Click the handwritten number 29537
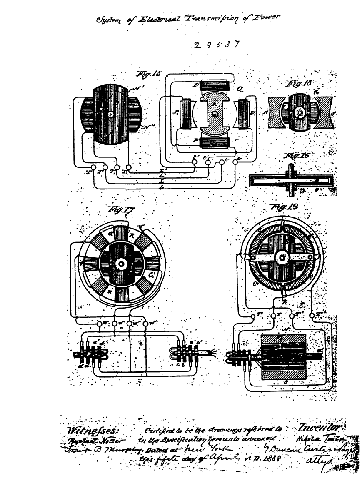tap(217, 44)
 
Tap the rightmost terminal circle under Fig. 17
tap(145, 324)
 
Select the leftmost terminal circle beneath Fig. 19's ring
tap(253, 316)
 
